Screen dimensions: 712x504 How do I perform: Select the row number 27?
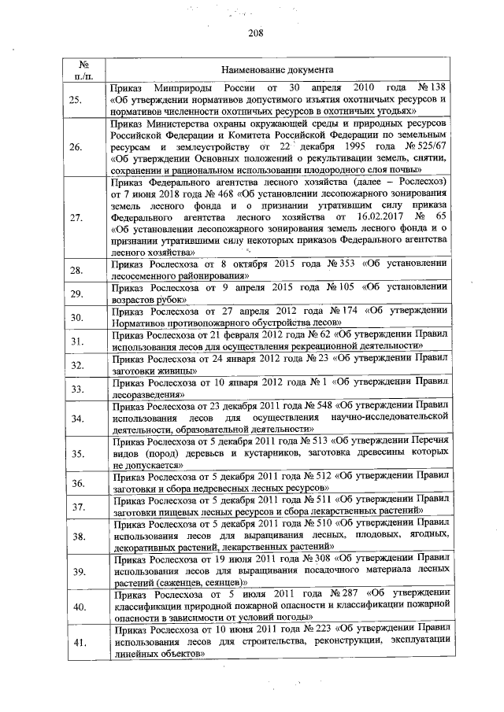coord(76,218)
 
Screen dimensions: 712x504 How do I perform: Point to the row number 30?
coord(76,317)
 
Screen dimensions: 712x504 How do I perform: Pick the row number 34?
coord(76,418)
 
